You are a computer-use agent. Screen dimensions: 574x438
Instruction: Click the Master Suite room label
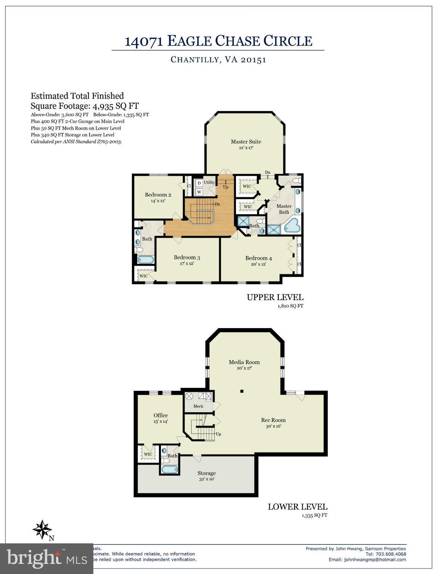[246, 142]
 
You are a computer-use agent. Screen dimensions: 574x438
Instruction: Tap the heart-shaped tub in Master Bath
[292, 225]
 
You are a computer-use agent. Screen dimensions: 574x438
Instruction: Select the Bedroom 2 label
[158, 195]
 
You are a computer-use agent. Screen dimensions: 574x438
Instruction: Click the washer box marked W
[199, 192]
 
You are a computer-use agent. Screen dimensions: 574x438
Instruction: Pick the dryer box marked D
[199, 183]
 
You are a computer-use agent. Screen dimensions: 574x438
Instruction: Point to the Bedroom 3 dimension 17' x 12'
[187, 263]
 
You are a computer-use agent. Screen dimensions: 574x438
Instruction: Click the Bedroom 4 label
[258, 258]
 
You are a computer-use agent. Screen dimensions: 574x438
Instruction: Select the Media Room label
[244, 362]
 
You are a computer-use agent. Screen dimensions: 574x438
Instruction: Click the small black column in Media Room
[242, 391]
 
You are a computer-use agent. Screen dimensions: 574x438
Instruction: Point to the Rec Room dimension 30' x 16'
[273, 426]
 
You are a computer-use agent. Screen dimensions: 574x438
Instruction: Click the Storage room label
[206, 473]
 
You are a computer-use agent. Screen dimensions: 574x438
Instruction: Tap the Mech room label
[198, 406]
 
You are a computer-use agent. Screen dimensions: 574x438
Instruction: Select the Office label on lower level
[161, 415]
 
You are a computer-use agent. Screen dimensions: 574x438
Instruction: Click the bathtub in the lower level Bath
[170, 469]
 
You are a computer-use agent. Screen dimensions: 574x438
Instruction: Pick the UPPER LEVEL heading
[275, 297]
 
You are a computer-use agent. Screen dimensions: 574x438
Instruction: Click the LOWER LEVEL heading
[297, 507]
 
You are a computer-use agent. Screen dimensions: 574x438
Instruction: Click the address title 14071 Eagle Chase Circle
[218, 41]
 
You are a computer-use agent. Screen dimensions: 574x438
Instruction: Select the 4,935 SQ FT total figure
[115, 106]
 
